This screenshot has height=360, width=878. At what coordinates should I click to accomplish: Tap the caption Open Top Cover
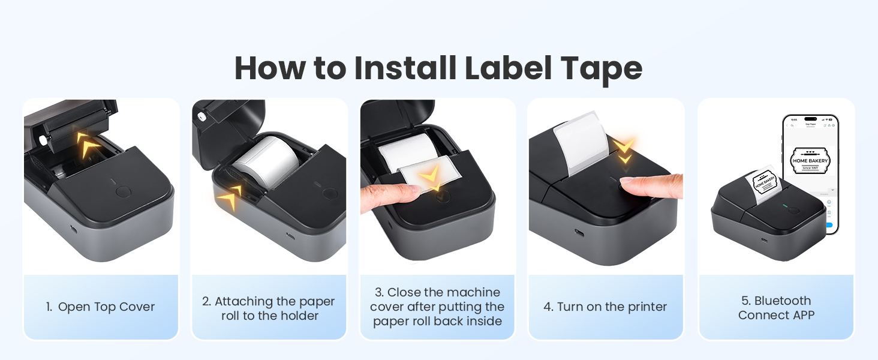[x=106, y=307]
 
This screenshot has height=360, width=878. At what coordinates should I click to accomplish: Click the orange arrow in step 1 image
[x=88, y=145]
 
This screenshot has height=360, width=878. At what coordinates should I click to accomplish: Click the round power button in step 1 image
[x=122, y=192]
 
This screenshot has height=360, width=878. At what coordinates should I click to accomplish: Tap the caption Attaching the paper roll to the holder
[x=269, y=308]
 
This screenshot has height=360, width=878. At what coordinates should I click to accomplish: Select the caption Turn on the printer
[x=605, y=307]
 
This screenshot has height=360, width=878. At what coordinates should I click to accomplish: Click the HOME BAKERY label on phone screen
[x=810, y=159]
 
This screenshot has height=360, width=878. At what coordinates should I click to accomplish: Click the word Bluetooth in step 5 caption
[x=783, y=301]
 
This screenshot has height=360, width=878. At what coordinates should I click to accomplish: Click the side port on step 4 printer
[x=580, y=232]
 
